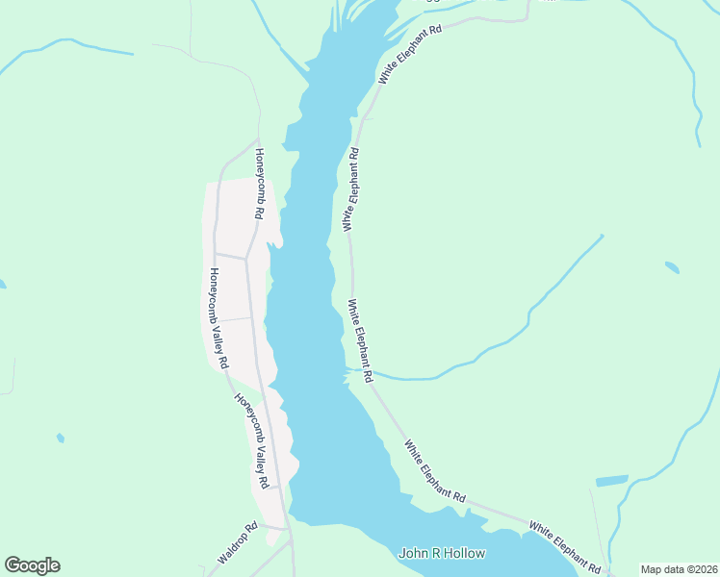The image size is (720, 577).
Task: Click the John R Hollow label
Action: click(x=443, y=553)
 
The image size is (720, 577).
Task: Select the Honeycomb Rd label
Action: click(x=259, y=184)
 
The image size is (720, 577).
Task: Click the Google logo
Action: click(x=32, y=565)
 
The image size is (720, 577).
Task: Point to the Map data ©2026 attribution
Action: click(x=679, y=569)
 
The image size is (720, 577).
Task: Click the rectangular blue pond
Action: click(x=611, y=480)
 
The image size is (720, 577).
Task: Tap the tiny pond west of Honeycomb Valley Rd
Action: click(x=61, y=439)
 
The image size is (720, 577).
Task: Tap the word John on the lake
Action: click(x=413, y=553)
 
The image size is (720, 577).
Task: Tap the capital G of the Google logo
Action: click(x=13, y=565)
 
